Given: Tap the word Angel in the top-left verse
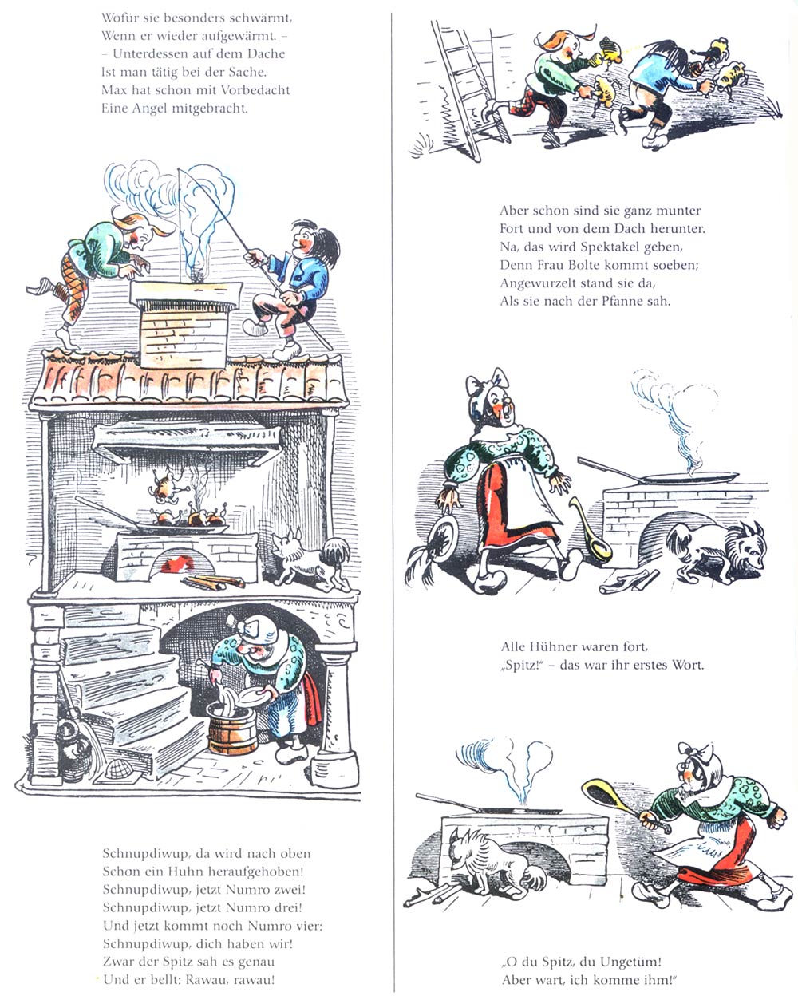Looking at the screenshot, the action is coord(151,109).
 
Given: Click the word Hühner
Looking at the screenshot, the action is coord(548,646).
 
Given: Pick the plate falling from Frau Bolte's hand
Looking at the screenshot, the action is coord(442,538).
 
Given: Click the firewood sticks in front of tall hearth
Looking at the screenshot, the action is coord(214,582).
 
